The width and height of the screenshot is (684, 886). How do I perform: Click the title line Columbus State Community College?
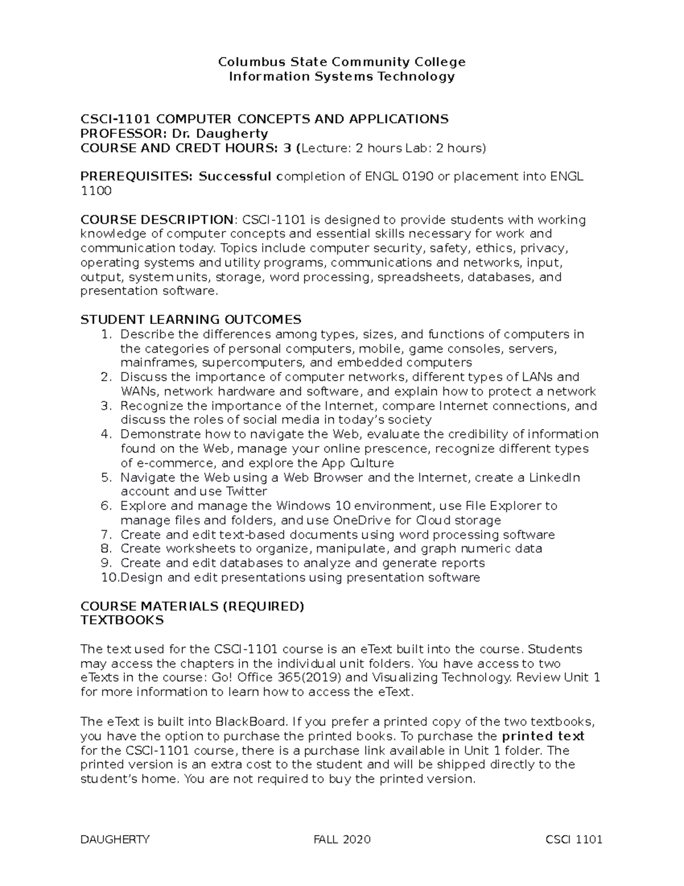(x=341, y=62)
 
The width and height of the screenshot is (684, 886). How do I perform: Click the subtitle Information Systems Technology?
(x=341, y=76)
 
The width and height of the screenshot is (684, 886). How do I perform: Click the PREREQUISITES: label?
(x=137, y=176)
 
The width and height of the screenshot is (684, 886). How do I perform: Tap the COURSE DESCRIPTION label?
(x=157, y=220)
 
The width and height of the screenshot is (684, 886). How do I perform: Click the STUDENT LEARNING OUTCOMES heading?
(x=191, y=319)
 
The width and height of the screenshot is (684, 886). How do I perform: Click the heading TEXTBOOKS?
(x=122, y=620)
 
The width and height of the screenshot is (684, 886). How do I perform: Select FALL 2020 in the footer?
(x=342, y=839)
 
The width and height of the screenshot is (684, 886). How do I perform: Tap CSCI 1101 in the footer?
(x=573, y=839)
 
